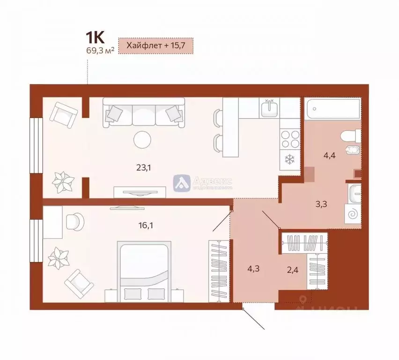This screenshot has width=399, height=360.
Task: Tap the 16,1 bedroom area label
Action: [x=146, y=225]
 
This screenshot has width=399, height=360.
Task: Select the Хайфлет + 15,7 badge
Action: [x=155, y=47]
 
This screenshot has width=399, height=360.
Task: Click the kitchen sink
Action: [x=269, y=108]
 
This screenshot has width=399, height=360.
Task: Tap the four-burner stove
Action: [x=289, y=137]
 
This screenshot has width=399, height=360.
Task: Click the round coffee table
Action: [x=142, y=139]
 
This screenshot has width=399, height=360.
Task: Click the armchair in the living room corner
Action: [x=63, y=114]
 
